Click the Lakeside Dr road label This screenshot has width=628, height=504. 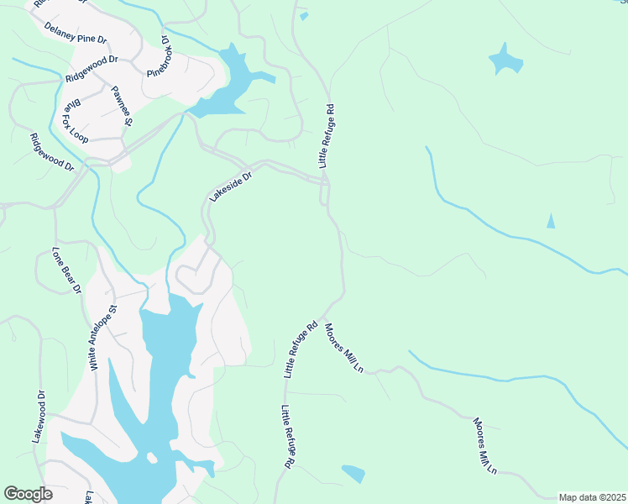click(x=230, y=186)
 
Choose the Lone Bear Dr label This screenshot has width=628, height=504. click(x=66, y=270)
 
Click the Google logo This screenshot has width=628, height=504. click(x=28, y=494)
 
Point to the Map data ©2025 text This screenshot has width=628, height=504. click(x=592, y=497)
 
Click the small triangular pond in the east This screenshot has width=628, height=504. click(x=551, y=221)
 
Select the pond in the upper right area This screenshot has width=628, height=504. click(x=505, y=60)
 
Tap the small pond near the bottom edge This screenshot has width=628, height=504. click(x=353, y=474)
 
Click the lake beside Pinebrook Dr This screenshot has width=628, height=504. click(x=231, y=84)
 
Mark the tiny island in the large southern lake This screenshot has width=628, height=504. click(x=152, y=458)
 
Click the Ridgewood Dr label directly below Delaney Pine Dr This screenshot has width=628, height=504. click(x=92, y=69)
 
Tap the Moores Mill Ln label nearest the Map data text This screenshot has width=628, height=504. click(x=484, y=445)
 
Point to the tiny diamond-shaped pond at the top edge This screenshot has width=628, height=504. click(x=303, y=15)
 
